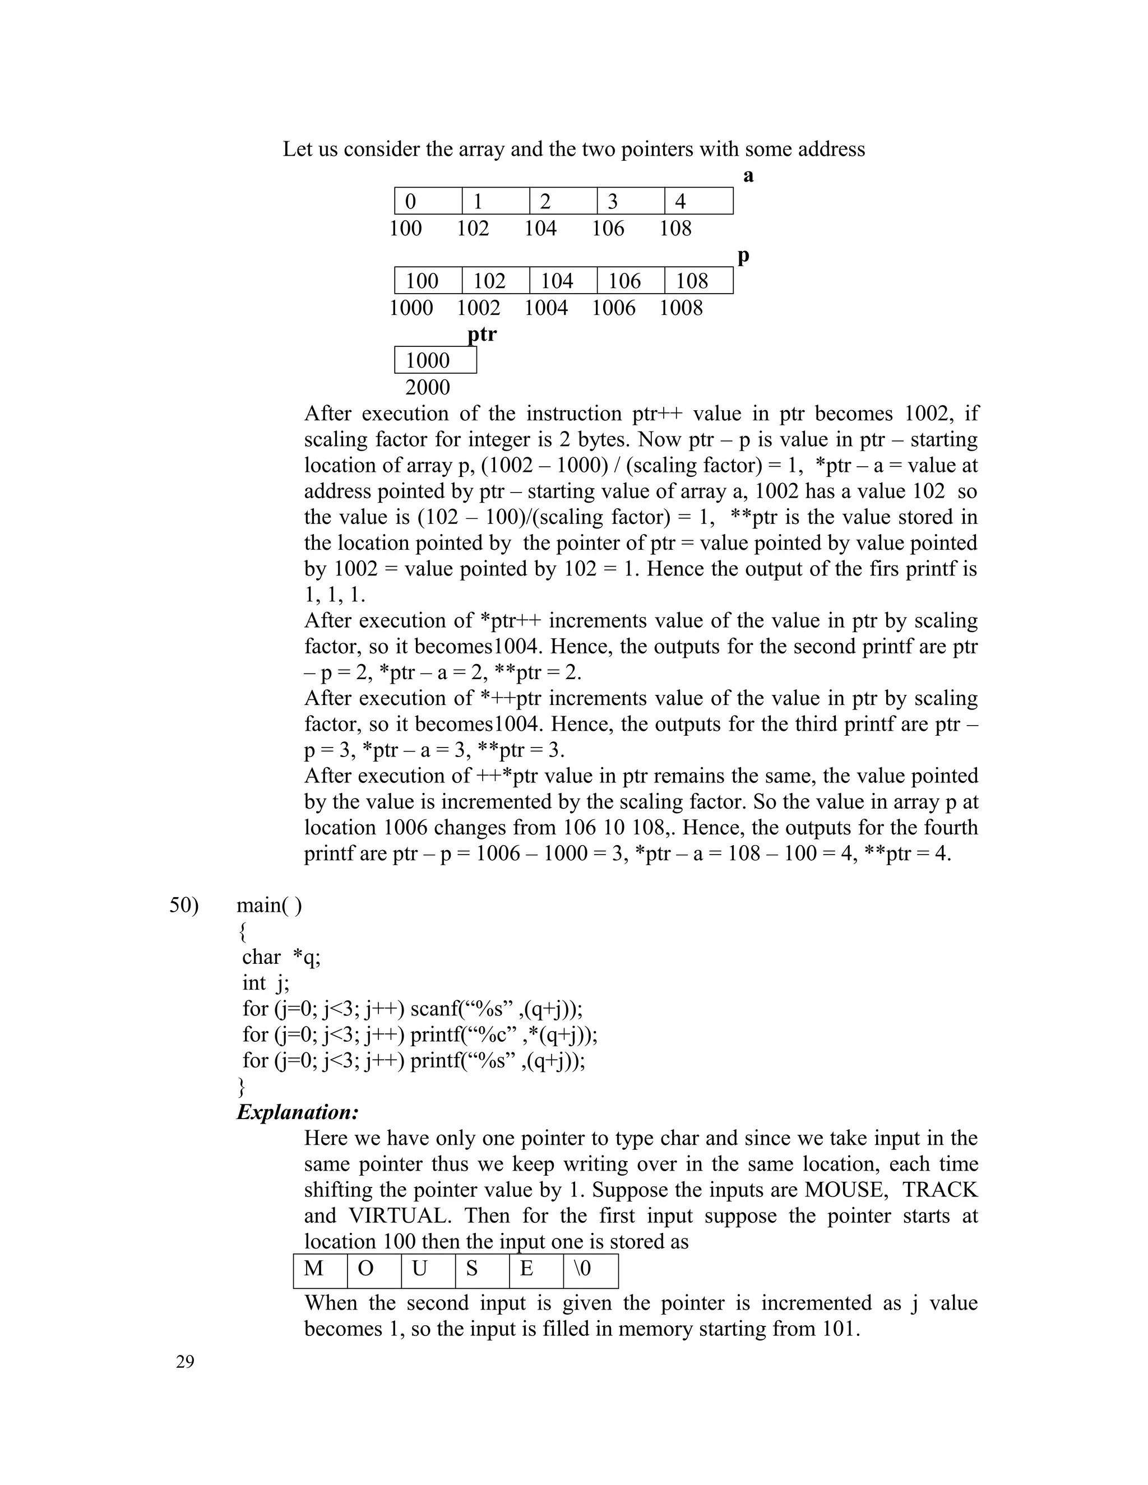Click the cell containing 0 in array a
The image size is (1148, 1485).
(428, 201)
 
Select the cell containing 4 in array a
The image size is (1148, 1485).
(698, 201)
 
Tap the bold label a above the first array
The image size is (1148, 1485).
(748, 175)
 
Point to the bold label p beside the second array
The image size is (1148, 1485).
(743, 256)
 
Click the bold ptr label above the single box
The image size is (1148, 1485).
(482, 334)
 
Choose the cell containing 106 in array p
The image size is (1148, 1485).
(631, 281)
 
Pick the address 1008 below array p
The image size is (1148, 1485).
(681, 308)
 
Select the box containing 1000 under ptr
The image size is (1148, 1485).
(435, 360)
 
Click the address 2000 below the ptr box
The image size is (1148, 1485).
(427, 388)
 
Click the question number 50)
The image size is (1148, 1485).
(184, 905)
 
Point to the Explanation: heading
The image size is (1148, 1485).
(297, 1112)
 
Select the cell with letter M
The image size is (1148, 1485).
(320, 1269)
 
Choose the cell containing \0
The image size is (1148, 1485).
(590, 1269)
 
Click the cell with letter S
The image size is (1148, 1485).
(482, 1269)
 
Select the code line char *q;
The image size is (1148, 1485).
(281, 957)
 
